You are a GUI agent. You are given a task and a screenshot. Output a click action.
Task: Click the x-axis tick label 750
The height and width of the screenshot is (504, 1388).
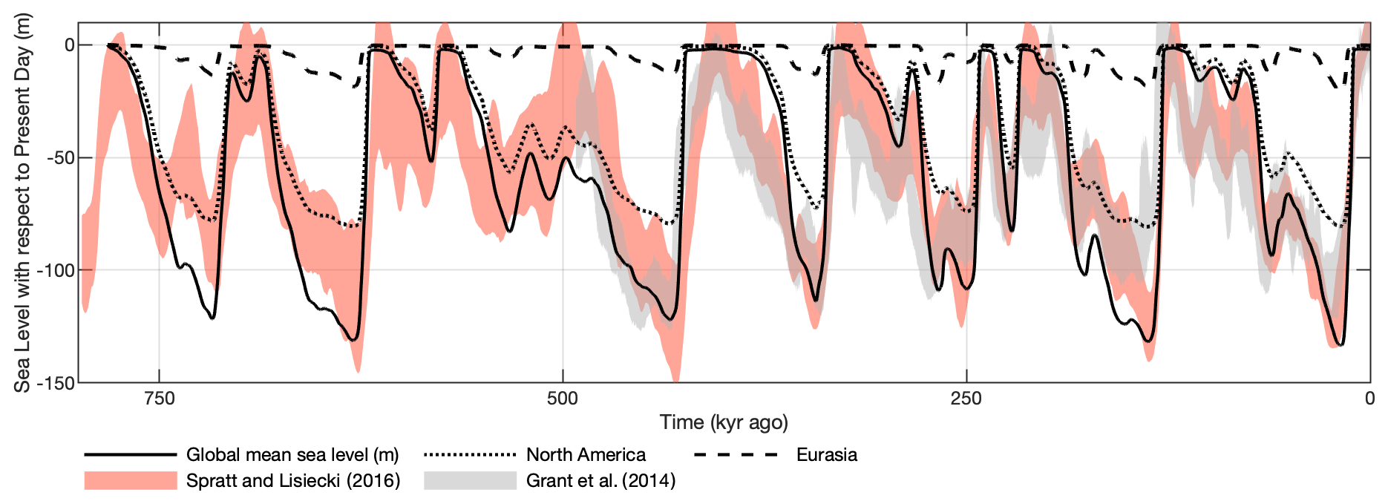coord(159,399)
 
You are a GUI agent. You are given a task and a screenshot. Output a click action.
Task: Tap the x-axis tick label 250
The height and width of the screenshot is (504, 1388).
coord(966,399)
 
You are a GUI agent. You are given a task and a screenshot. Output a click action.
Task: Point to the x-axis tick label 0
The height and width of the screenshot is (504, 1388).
coord(1369,399)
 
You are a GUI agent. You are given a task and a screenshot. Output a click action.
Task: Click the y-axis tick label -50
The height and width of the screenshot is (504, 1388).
coord(59,158)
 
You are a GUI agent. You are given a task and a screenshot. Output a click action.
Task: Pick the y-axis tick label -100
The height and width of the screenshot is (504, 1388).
coord(56,270)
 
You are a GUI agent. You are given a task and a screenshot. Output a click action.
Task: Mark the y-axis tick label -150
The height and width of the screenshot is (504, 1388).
coord(56,383)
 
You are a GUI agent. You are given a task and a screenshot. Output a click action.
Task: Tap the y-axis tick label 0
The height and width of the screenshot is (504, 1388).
coord(69,45)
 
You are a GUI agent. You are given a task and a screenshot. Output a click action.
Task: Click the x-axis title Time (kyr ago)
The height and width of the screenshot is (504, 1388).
coord(724,422)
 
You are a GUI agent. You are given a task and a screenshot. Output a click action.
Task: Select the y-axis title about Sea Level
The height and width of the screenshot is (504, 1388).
coord(23,202)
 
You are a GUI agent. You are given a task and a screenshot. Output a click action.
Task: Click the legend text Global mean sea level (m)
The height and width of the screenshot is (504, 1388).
coord(292,454)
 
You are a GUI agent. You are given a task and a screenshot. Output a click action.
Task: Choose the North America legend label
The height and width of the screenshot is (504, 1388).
coord(586,454)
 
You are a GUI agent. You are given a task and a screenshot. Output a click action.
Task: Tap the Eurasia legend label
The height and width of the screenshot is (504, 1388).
coord(826,454)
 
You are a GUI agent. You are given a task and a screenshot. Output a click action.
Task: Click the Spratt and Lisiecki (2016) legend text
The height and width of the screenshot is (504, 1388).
coord(293,480)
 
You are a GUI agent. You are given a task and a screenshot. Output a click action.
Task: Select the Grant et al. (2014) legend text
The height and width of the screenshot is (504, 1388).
coord(600,480)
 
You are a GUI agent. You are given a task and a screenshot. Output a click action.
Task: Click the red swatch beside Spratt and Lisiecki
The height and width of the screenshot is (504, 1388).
coord(131,480)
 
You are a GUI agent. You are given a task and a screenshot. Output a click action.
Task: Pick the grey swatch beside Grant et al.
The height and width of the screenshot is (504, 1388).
coord(470,480)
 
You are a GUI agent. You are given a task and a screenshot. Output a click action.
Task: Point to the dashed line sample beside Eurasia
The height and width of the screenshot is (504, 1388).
coord(736,454)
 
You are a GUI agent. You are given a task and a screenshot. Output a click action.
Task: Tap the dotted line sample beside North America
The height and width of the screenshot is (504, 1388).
coord(470,454)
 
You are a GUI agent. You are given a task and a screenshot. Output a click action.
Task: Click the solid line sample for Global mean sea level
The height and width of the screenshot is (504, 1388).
coord(131,454)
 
